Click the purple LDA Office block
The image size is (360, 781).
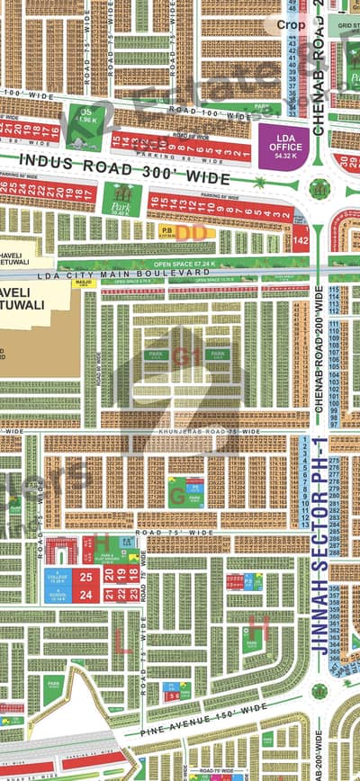277,144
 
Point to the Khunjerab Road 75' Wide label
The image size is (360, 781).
207,432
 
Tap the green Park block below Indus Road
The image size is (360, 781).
121,199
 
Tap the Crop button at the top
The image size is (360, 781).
289,25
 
